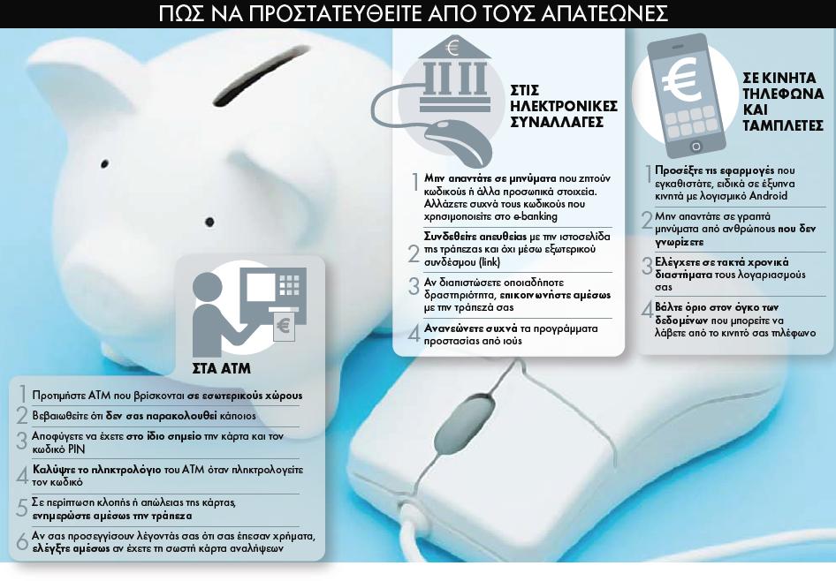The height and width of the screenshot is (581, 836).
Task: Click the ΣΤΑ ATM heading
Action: pos(221,368)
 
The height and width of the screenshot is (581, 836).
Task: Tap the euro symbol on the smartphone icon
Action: pos(682,81)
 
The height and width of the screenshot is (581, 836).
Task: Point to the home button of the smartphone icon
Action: pos(695,146)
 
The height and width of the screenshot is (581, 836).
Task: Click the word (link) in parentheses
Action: pos(490,262)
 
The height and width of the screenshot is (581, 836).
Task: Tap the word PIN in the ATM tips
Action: pos(76,449)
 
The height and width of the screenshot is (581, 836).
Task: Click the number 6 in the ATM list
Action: pos(22,541)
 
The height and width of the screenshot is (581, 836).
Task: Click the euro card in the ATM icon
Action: pos(283,326)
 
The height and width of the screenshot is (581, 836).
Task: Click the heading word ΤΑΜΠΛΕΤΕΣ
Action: pos(783,125)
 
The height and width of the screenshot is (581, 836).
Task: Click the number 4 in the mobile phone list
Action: pos(647,310)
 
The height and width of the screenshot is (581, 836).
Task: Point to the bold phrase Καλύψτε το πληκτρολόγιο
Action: pos(96,470)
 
